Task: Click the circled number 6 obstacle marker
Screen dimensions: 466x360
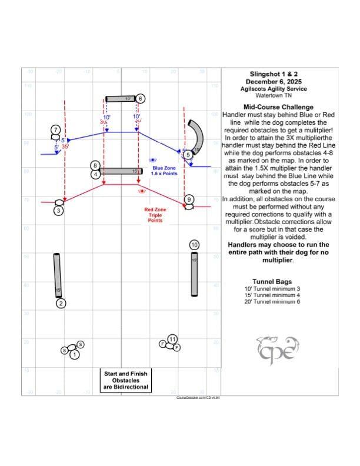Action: (x=141, y=98)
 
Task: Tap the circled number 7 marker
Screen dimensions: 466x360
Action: (x=55, y=129)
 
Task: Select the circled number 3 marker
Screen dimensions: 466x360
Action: (x=58, y=209)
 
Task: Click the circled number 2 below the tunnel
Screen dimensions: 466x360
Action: (x=61, y=304)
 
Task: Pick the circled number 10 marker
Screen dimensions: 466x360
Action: (x=195, y=245)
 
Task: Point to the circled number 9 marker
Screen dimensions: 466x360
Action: (x=188, y=200)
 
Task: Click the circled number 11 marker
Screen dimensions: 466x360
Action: (x=172, y=339)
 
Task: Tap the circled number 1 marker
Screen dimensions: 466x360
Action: (x=74, y=354)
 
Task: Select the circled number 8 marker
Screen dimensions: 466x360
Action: (x=95, y=166)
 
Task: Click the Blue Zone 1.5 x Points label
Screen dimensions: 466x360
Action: (x=164, y=171)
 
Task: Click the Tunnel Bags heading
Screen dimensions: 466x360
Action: (x=272, y=281)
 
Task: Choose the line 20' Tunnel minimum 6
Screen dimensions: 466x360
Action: (x=272, y=301)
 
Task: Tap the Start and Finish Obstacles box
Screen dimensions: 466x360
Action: (x=126, y=380)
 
